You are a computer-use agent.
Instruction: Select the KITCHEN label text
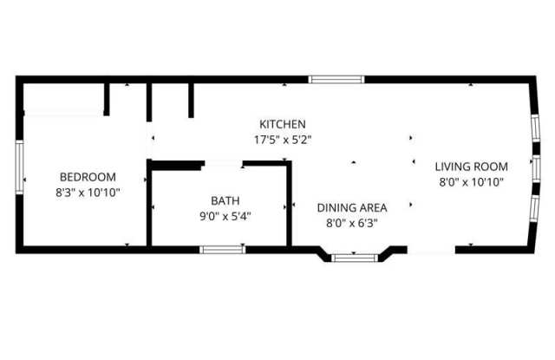(282, 124)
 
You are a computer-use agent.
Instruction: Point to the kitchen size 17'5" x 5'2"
(282, 139)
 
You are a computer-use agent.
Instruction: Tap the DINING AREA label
(351, 207)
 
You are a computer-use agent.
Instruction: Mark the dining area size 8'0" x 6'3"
(351, 222)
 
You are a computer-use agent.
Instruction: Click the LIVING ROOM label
(471, 167)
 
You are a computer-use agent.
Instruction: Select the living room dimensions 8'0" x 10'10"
(471, 182)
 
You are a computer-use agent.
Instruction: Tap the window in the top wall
(337, 80)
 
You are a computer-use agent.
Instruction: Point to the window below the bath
(222, 250)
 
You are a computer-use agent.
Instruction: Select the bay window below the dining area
(355, 257)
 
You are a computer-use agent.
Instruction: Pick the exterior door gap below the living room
(431, 250)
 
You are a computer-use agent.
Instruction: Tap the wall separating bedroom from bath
(150, 206)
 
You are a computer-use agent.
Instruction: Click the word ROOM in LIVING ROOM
(491, 167)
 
